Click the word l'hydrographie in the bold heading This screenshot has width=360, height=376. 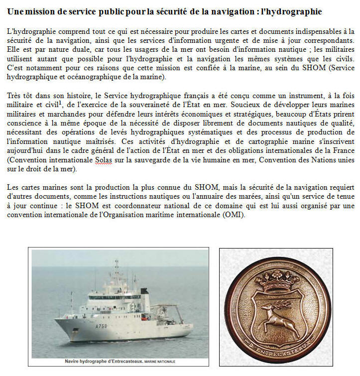click(292, 11)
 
